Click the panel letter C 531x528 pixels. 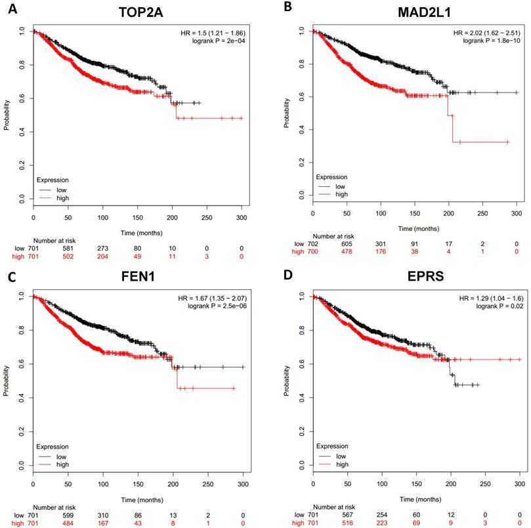coord(11,275)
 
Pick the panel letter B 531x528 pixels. coord(287,9)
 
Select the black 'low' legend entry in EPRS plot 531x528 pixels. coord(339,455)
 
